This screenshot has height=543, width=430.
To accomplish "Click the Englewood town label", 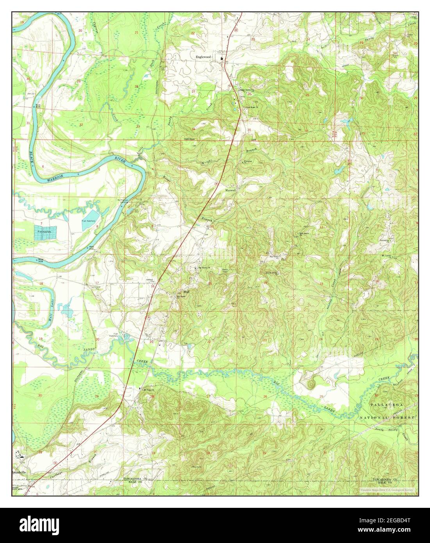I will click(203, 57).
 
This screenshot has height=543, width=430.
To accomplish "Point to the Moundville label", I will click(19, 472).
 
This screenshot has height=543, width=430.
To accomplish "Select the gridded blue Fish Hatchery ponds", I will click(45, 232).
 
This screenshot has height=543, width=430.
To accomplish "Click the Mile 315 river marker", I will click(38, 105).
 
